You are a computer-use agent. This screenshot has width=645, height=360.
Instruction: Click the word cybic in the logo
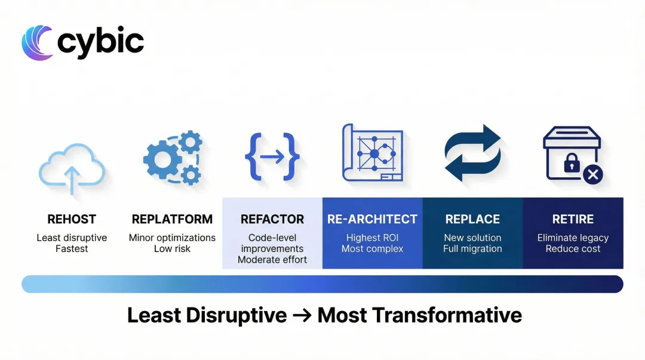[100, 42]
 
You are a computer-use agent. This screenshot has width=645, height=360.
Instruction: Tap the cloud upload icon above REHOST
[72, 169]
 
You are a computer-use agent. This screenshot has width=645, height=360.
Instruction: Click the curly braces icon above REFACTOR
[272, 156]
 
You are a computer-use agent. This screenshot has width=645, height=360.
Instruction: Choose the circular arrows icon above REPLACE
[473, 153]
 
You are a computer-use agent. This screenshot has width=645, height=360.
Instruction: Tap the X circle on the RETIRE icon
[592, 174]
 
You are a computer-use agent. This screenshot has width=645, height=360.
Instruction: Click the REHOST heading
[72, 219]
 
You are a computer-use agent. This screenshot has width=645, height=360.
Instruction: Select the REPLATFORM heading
[172, 219]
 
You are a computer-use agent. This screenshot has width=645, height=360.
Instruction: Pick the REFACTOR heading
[272, 219]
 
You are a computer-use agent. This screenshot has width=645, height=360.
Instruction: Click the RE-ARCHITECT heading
[372, 219]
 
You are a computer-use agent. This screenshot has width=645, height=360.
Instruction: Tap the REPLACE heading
[472, 219]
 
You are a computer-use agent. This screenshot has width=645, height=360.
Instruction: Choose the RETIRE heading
[573, 219]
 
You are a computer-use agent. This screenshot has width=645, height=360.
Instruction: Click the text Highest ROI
[372, 238]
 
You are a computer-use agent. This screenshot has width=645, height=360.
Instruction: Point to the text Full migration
[472, 248]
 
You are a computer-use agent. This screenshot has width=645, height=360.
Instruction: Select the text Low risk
[172, 248]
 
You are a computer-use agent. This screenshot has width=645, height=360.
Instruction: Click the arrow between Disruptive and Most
[302, 315]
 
